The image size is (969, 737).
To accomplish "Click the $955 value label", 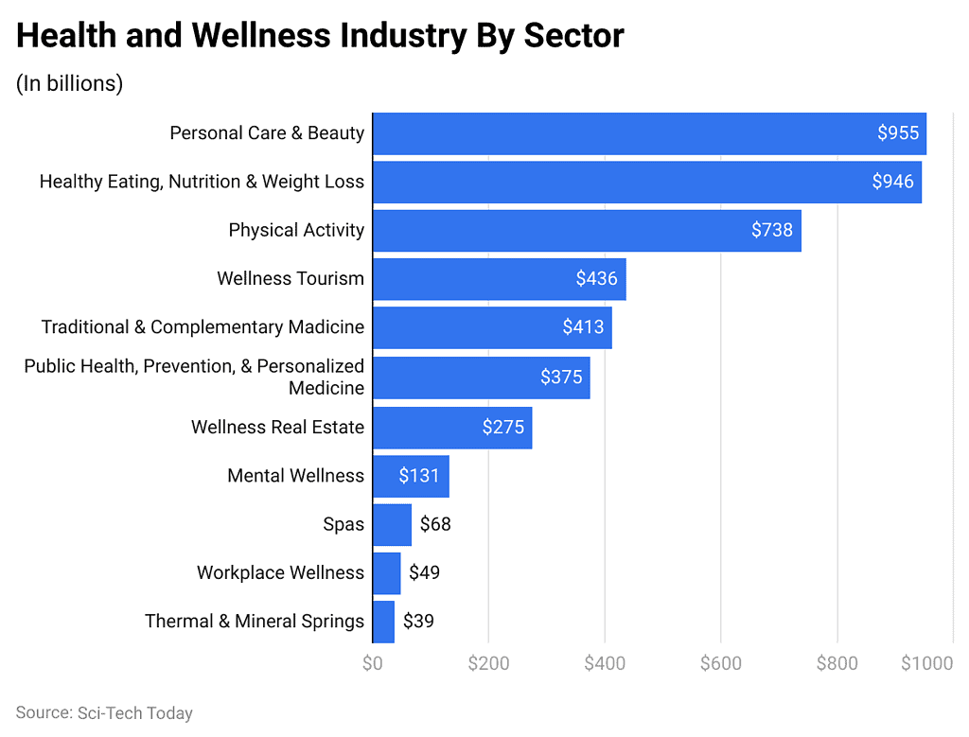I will (x=897, y=133).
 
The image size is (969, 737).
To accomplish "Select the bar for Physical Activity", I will (x=587, y=230).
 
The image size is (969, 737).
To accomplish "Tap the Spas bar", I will (x=392, y=524).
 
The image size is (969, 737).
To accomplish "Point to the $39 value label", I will (x=418, y=622).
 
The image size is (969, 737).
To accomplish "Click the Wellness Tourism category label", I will (x=290, y=278).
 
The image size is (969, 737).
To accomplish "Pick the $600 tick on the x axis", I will (x=720, y=663).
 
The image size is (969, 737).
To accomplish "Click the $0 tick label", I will (x=372, y=663).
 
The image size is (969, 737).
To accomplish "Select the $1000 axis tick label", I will (x=926, y=663).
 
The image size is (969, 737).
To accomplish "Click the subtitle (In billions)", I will (x=69, y=83).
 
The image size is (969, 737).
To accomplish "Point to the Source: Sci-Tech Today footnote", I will (x=104, y=712).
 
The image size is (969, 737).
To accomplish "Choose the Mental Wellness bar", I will (x=411, y=476).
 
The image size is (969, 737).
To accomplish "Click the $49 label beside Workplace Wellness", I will (x=424, y=572).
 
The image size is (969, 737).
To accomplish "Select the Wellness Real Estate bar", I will (x=452, y=428).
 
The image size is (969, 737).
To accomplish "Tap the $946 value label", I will (x=892, y=182).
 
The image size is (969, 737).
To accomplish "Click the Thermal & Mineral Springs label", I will (x=254, y=622).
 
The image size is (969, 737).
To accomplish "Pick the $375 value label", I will (x=561, y=377).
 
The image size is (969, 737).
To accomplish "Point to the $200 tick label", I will (x=488, y=663).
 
